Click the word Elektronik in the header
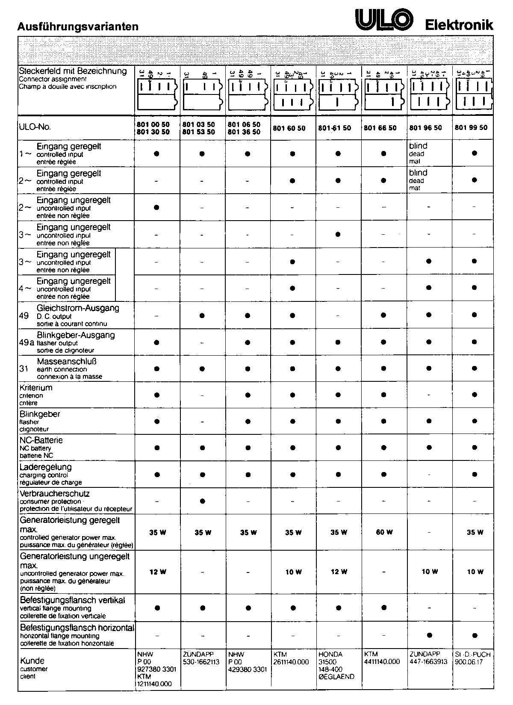point(459,25)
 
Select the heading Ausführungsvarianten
point(78,27)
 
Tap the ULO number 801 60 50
point(289,128)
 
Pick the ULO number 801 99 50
point(471,128)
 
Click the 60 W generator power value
point(384,532)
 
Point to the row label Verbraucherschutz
point(54,494)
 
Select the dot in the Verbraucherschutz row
point(202,501)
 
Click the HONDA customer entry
point(330,654)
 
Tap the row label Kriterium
point(36,388)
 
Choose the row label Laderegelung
point(46,467)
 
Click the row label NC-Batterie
point(41,440)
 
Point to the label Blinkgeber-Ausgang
point(76,335)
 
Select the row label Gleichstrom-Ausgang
point(78,308)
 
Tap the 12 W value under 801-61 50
point(339,572)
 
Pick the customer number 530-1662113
point(201,662)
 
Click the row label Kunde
point(32,661)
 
